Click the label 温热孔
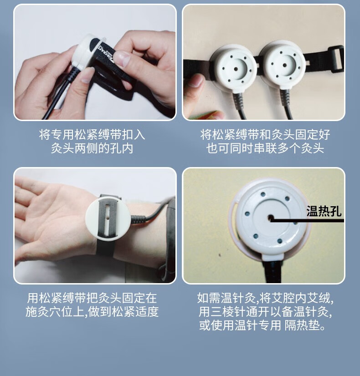click(324, 211)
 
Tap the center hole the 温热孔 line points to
click(271, 218)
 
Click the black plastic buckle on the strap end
click(336, 59)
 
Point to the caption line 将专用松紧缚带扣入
click(92, 134)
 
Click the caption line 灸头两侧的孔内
click(92, 148)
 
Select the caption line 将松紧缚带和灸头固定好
click(265, 134)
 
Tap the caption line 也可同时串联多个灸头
click(265, 148)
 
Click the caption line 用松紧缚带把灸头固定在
click(92, 298)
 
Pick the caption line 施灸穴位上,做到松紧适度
click(92, 312)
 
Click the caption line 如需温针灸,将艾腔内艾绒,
click(265, 298)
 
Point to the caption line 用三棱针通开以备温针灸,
click(265, 312)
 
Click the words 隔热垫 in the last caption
click(303, 325)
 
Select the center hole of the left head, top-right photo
click(236, 69)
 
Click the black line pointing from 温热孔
click(308, 220)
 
